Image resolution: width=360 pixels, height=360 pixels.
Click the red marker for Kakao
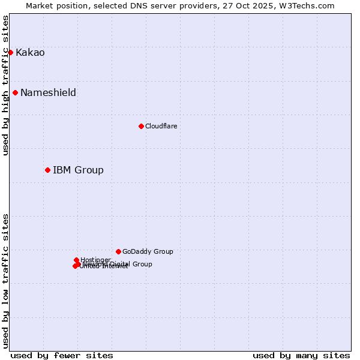pos(10,52)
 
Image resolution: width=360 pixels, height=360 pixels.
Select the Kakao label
pos(30,53)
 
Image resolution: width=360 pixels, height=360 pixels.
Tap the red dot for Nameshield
pos(15,92)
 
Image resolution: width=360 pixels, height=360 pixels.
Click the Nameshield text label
pos(48,93)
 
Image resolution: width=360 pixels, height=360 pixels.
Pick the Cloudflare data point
pos(141,126)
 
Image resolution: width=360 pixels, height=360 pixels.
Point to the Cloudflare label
pos(161,126)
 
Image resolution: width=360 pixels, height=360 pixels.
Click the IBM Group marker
pos(47,170)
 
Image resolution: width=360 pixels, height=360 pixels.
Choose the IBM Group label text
pos(78,170)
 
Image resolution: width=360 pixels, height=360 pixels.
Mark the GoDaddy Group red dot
pos(118,251)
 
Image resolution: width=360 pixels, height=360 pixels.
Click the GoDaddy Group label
pos(148,251)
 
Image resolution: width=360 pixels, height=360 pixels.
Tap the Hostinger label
pos(95,260)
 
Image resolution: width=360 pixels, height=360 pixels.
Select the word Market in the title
pos(40,5)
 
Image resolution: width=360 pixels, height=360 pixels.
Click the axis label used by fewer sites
pos(62,355)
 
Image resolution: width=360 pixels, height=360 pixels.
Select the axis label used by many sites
pos(301,355)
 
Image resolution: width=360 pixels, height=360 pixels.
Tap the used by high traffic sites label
pos(5,85)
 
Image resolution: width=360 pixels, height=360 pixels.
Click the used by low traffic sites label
pos(5,281)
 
